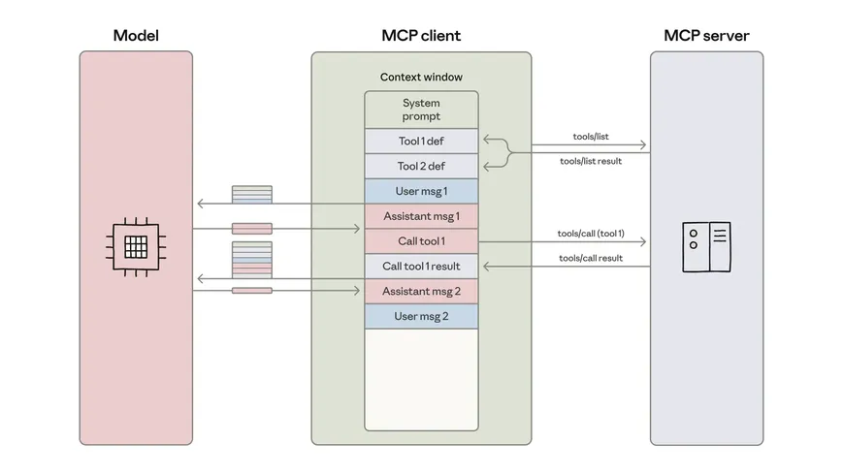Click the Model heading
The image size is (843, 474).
coord(136,36)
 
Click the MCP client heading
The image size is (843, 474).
coord(421,36)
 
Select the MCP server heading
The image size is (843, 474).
coord(706,36)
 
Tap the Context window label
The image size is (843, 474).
coord(421,77)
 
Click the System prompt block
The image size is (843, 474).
coord(421,110)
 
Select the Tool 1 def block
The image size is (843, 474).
coord(421,142)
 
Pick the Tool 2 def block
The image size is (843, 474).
coord(421,166)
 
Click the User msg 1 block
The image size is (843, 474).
coord(421,191)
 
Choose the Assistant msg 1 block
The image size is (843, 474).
coord(421,216)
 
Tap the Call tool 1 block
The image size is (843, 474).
coord(421,241)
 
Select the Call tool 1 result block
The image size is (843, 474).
coord(421,267)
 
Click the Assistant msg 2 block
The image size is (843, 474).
coord(421,291)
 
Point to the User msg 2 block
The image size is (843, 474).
coord(421,316)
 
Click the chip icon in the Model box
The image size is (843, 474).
coord(136,242)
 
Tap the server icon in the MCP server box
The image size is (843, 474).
coord(705,246)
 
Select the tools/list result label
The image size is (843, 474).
coord(590,161)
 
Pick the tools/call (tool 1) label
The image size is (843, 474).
coord(590,234)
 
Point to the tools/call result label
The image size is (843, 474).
coord(590,258)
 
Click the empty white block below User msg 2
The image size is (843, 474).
coord(421,378)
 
